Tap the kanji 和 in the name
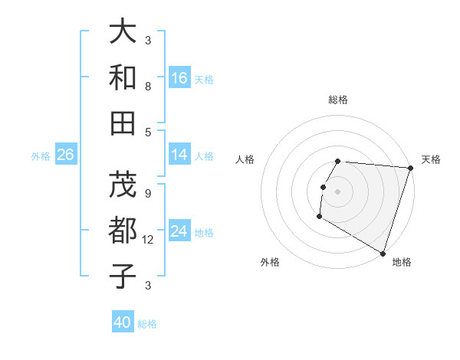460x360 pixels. click(123, 78)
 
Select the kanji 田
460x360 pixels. click(123, 123)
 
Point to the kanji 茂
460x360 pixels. click(123, 185)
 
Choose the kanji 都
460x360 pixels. click(123, 231)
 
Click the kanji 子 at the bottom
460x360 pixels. click(123, 277)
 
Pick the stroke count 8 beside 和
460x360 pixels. click(148, 87)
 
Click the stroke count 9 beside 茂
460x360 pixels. click(148, 194)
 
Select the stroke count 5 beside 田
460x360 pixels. click(148, 131)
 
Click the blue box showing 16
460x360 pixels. click(179, 78)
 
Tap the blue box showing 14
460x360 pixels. click(179, 155)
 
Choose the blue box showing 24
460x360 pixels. click(179, 231)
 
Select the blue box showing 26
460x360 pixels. click(65, 155)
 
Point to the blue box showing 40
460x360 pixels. click(123, 322)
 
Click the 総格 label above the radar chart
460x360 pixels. click(337, 100)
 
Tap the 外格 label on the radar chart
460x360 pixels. click(270, 262)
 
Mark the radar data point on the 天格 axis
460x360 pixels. click(410, 168)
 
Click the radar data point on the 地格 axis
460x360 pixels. click(383, 253)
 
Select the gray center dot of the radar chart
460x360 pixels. click(337, 191)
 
